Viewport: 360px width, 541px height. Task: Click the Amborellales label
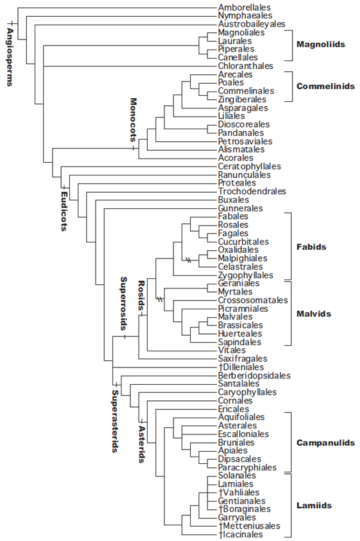244,7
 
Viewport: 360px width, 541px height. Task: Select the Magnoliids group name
321,44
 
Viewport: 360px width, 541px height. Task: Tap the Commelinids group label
325,86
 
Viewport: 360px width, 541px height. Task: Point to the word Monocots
133,120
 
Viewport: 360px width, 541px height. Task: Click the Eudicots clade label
64,211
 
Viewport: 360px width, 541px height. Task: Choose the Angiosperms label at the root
10,57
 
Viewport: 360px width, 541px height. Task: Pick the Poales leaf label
231,83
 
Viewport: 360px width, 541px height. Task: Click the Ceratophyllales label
249,166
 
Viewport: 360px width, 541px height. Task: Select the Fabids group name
311,247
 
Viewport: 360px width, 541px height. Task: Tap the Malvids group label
313,314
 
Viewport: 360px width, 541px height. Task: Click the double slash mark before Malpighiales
188,260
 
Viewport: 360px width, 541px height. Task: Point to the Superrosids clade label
123,303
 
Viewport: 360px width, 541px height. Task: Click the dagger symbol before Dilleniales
221,367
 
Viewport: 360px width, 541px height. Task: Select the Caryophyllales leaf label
247,393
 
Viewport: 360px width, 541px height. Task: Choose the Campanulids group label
325,443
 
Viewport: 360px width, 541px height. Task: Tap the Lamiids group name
314,506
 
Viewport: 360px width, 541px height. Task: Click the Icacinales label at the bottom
240,534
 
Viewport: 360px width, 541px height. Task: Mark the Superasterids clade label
115,421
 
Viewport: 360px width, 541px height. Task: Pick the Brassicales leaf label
240,326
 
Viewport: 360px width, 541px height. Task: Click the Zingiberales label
242,99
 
